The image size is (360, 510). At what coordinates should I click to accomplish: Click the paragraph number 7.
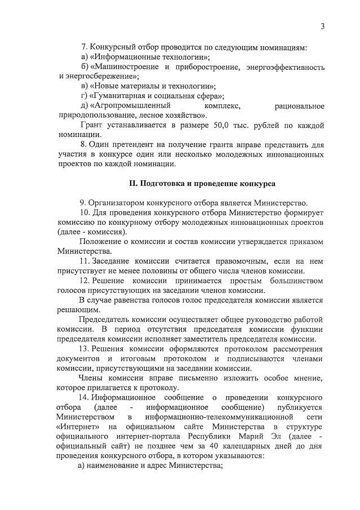83,47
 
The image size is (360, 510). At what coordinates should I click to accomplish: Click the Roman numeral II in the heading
133,184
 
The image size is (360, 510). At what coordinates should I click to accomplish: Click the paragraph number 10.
85,213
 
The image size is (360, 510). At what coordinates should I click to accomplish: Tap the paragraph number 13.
85,349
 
